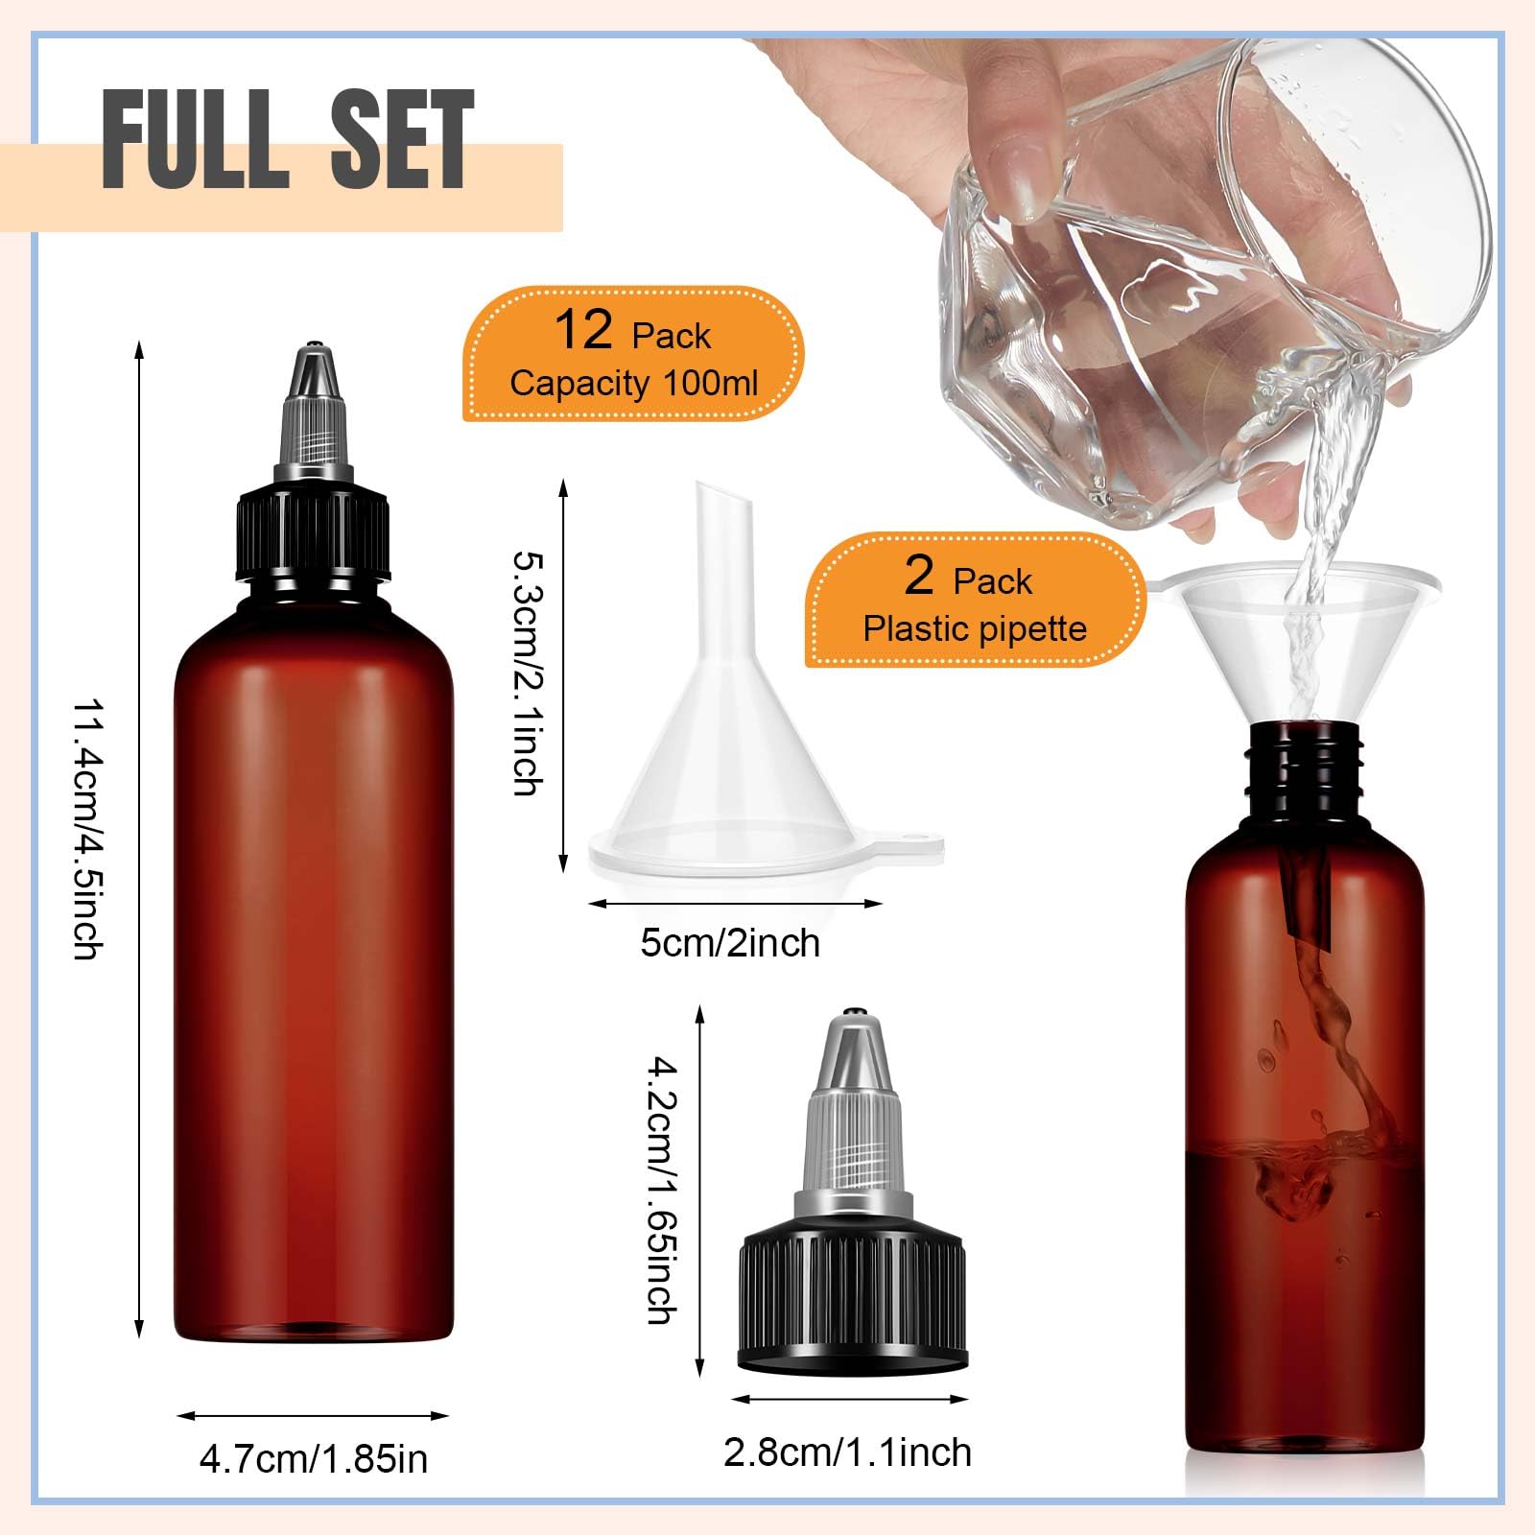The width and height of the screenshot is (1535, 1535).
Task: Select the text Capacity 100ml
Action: click(x=634, y=384)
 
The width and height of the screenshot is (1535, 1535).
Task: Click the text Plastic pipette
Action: click(x=975, y=629)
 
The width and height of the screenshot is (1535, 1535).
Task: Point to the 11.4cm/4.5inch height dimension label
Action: click(x=88, y=829)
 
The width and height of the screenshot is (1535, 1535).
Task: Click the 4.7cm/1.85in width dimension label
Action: click(x=314, y=1459)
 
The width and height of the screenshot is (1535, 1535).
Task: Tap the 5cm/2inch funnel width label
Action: click(x=730, y=943)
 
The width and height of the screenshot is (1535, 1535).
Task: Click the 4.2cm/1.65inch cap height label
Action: click(x=661, y=1190)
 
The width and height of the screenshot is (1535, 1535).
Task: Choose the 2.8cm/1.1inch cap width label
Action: click(x=847, y=1452)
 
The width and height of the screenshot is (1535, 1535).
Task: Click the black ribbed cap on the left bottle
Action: click(x=314, y=537)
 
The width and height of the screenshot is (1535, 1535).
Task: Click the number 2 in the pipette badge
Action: click(x=919, y=576)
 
